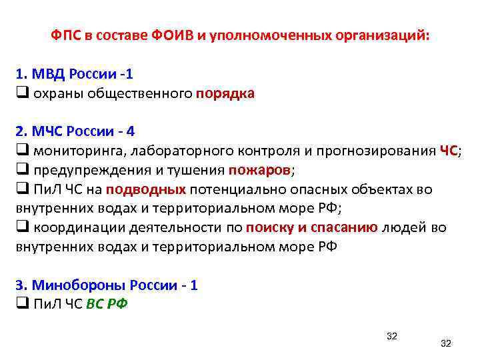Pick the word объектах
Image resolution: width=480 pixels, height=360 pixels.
coord(384,189)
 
